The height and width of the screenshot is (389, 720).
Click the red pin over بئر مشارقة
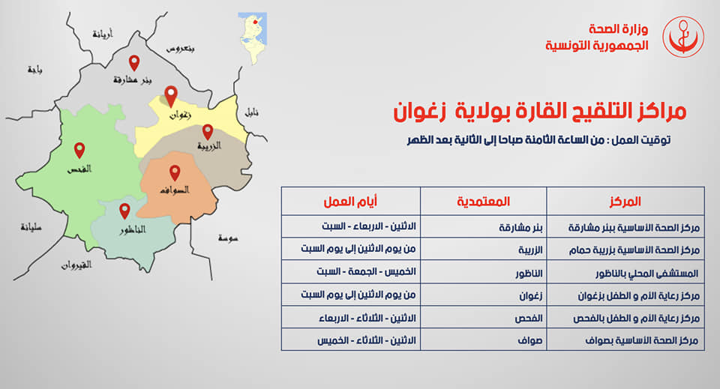133,62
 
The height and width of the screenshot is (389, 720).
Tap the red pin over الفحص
79,150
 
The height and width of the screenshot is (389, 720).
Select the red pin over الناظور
124,211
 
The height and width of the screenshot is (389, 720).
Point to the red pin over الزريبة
208,132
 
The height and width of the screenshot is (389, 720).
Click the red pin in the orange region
175,172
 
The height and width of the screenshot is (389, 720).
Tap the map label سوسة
228,238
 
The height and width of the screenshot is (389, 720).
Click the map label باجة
35,70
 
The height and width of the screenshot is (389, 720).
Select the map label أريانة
102,34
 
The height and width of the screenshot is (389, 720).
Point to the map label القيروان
76,265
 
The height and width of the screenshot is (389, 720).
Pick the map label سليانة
31,227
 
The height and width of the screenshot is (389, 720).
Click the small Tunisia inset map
253,38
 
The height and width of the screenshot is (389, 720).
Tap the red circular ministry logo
683,37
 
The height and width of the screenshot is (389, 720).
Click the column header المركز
625,202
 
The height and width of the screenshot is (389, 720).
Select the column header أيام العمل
350,202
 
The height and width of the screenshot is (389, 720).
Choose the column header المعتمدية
483,202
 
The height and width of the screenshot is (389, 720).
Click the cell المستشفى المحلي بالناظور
647,274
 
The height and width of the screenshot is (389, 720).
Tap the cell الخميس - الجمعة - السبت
366,271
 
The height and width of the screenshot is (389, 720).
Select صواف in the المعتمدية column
530,340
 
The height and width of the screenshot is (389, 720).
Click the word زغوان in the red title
419,112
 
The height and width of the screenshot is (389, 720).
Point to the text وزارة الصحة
618,29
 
